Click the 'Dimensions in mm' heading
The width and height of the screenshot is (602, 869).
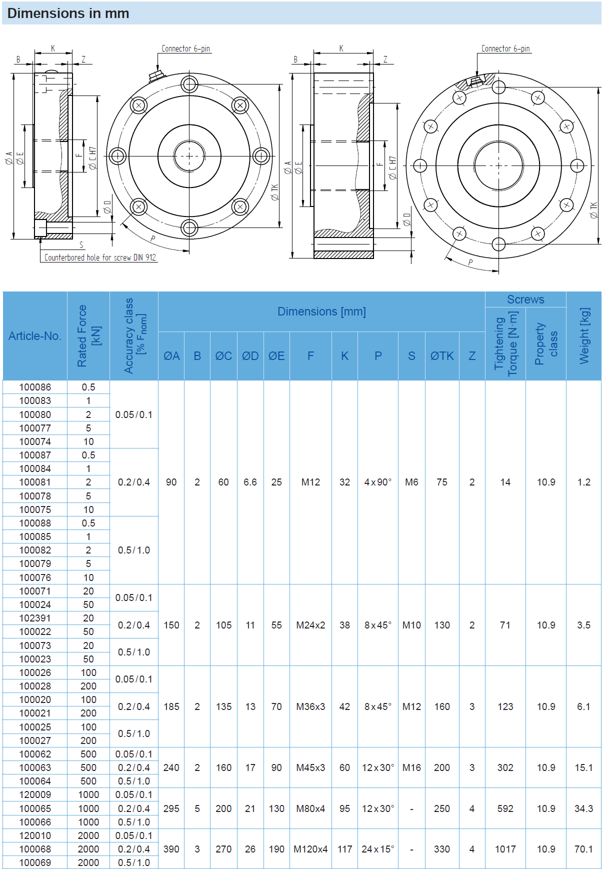[x=68, y=13]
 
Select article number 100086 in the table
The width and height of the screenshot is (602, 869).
[x=35, y=387]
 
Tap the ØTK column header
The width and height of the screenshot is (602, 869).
[x=442, y=356]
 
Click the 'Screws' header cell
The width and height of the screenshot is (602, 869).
[x=525, y=299]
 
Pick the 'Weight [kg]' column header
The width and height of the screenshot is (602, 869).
[x=584, y=336]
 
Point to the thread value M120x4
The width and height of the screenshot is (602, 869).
[x=310, y=849]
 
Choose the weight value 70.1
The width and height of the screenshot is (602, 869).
[x=583, y=849]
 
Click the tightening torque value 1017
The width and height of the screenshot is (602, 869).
[x=505, y=849]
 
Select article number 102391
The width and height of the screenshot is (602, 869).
[x=35, y=618]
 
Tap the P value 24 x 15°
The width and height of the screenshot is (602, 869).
[x=378, y=849]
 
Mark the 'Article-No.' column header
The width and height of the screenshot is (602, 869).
[x=35, y=336]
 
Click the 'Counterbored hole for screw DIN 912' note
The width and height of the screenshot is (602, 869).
[x=100, y=257]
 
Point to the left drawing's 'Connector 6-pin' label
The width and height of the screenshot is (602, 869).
[x=185, y=48]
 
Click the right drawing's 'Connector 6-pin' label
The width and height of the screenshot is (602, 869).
[x=505, y=48]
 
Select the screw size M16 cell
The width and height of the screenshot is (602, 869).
[x=411, y=767]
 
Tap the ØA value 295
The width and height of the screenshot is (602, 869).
[x=171, y=808]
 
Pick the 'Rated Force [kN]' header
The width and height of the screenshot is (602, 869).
[x=88, y=336]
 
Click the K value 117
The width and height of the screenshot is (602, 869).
[x=344, y=849]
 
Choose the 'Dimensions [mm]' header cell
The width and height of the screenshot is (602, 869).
[x=321, y=311]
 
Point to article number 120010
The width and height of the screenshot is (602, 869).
[x=35, y=835]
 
